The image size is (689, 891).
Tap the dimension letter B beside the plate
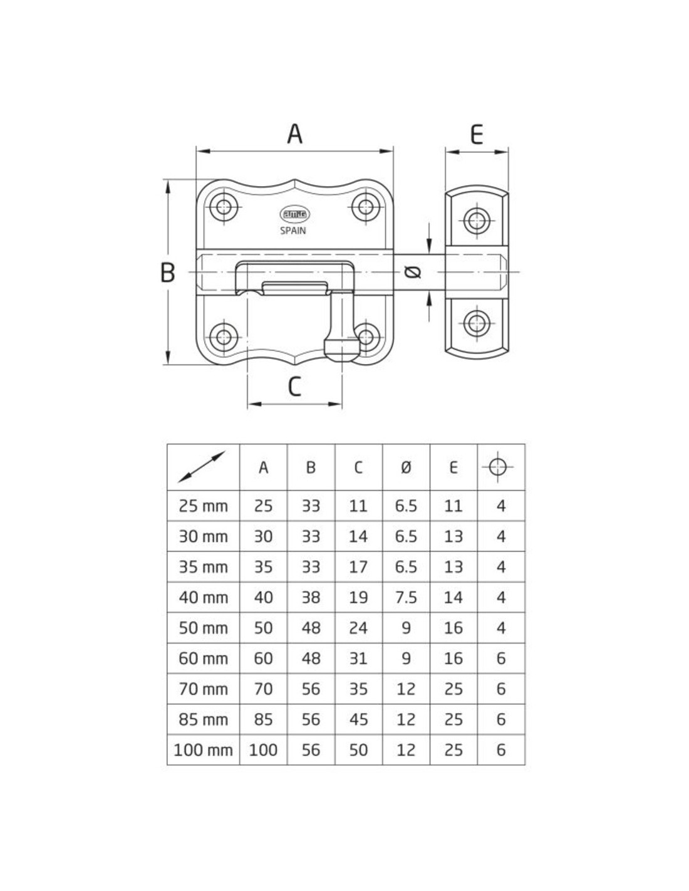tap(167, 273)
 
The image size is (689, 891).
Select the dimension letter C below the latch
tap(294, 386)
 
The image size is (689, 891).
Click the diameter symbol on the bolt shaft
tap(412, 272)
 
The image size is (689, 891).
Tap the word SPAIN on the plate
tap(293, 231)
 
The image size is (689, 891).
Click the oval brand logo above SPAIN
tap(294, 214)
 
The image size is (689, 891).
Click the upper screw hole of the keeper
tap(477, 221)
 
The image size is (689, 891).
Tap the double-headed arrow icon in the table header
tap(202, 467)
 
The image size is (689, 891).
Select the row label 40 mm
tap(204, 598)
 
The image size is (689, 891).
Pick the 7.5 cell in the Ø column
tap(406, 598)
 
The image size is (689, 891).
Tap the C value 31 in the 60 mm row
tap(358, 659)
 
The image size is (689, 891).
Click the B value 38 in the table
tap(311, 598)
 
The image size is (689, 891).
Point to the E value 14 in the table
tap(453, 598)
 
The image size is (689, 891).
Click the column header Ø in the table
tap(406, 467)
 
